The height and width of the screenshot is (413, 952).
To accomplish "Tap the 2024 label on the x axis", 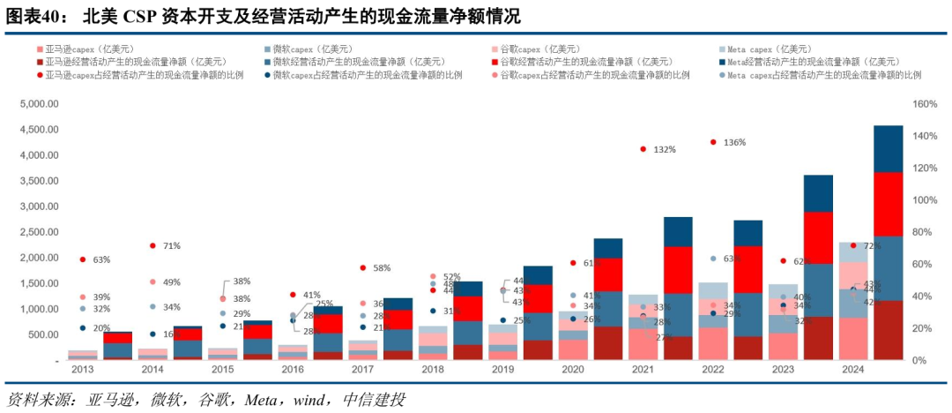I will pos(852,371).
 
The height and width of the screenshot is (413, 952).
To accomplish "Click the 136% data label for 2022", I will pos(734,142).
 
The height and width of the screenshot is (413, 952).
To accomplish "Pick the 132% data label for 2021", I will pos(665,150).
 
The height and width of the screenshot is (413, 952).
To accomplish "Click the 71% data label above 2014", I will pos(171,245).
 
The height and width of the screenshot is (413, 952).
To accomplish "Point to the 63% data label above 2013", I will pos(101,260).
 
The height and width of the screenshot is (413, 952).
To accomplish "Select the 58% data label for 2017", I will pos(381,267).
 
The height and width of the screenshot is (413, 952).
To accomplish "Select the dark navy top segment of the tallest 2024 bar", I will pos(888,148).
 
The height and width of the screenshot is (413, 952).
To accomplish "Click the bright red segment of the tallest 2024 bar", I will pos(888,204).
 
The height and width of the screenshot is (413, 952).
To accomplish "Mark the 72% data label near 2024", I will pos(872,245).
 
